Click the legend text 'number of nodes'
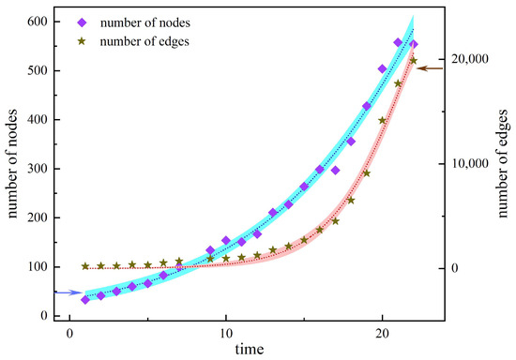156,21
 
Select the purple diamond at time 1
85,299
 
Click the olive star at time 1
85,266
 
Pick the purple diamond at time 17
335,171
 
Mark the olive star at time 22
413,61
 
